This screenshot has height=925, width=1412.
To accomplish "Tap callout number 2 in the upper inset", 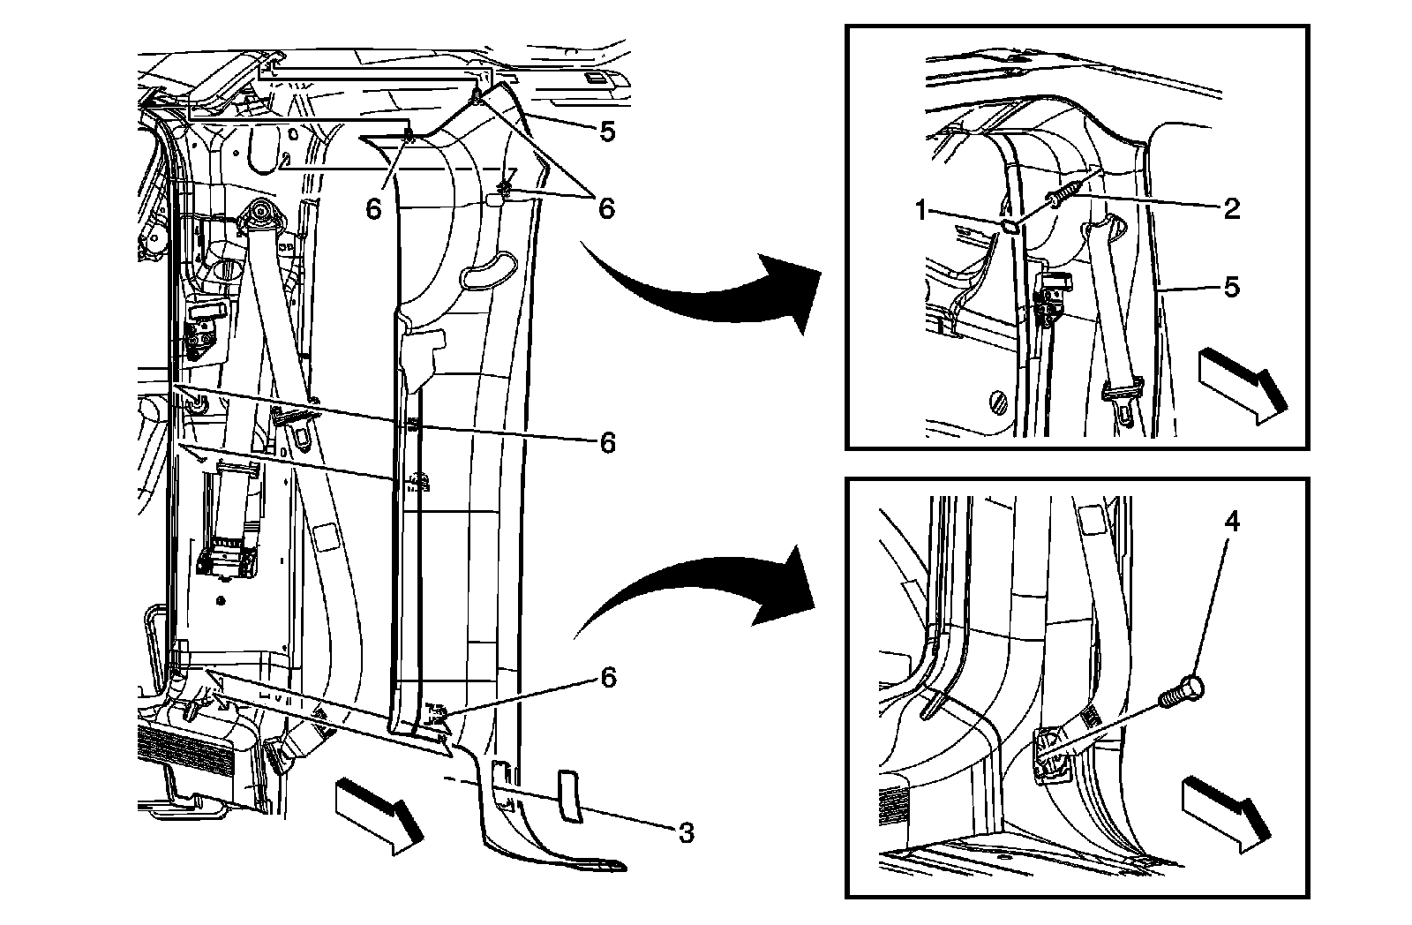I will coord(1231,208).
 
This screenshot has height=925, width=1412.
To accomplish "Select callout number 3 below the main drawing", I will coord(686,832).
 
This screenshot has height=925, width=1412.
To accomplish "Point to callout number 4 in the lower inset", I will coord(1231,523).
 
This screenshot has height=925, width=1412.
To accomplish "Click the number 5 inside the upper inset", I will coord(1231,287).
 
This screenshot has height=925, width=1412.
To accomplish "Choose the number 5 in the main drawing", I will coord(606,132).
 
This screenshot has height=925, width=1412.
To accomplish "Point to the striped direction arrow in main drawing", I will coord(375,811).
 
